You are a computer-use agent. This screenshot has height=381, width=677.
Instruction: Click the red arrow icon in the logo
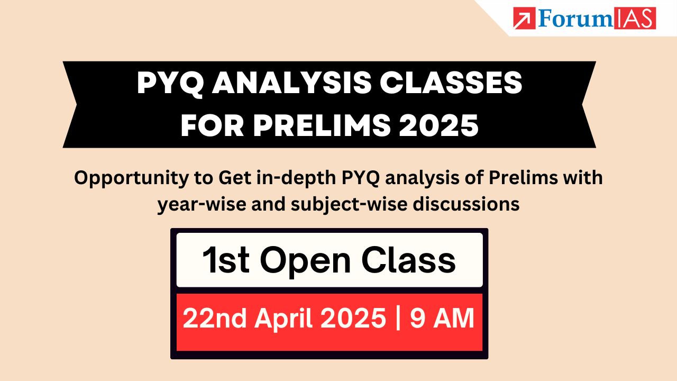524,18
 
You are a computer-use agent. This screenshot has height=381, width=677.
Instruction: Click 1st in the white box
225,260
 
